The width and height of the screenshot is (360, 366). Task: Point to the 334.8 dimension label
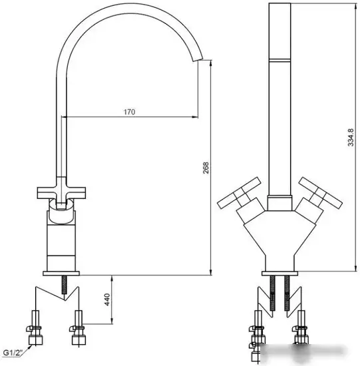point(350,138)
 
